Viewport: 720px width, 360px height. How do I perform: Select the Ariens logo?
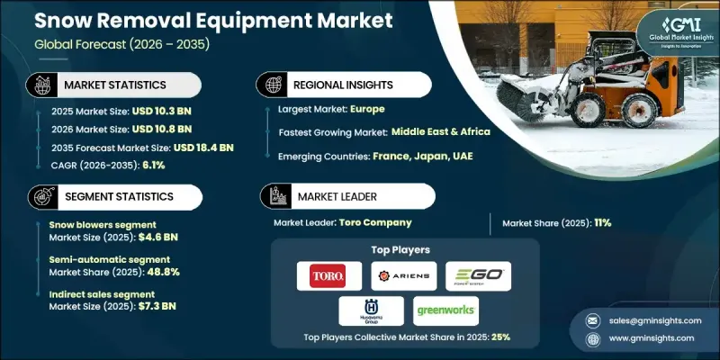pyautogui.click(x=402, y=275)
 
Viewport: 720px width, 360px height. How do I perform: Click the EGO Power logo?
pyautogui.click(x=478, y=275)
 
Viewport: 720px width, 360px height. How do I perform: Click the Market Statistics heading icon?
pyautogui.click(x=40, y=85)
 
